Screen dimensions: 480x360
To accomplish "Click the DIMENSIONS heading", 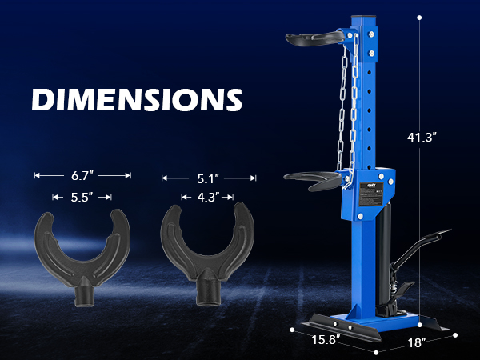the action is pos(137,99).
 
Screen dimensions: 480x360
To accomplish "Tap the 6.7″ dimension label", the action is pos(82,176).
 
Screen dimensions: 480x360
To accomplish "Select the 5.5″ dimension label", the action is pos(82,198).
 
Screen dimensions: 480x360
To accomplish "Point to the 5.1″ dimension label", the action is pos(208,178).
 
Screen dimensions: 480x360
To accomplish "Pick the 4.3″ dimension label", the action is pos(208,198).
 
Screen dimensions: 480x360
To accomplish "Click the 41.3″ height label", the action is pos(422,137).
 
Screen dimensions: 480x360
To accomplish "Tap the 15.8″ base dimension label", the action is pos(326,339).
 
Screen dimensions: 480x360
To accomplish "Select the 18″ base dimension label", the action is pos(417,342).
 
